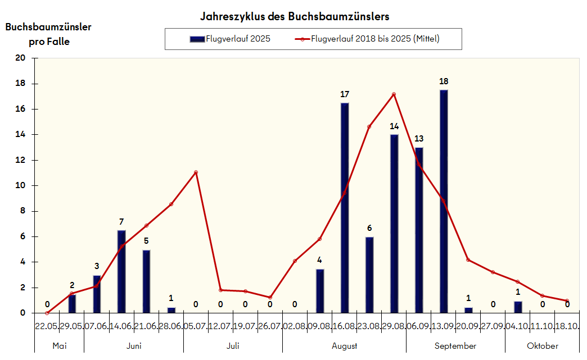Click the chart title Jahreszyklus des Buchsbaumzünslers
click(295, 16)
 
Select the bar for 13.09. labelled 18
click(444, 201)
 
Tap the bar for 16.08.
click(345, 208)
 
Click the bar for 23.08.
click(369, 275)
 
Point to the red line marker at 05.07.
click(196, 172)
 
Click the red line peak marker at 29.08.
click(394, 94)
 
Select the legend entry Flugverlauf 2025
click(230, 39)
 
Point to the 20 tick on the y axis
click(21, 58)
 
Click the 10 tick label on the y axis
click(21, 185)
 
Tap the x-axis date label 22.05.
click(47, 326)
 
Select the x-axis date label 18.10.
click(567, 326)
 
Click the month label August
click(345, 346)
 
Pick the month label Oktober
click(543, 346)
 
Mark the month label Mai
click(59, 346)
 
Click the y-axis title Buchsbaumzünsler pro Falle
click(48, 34)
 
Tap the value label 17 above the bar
click(345, 94)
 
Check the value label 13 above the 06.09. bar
click(419, 139)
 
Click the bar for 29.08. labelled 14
click(394, 224)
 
